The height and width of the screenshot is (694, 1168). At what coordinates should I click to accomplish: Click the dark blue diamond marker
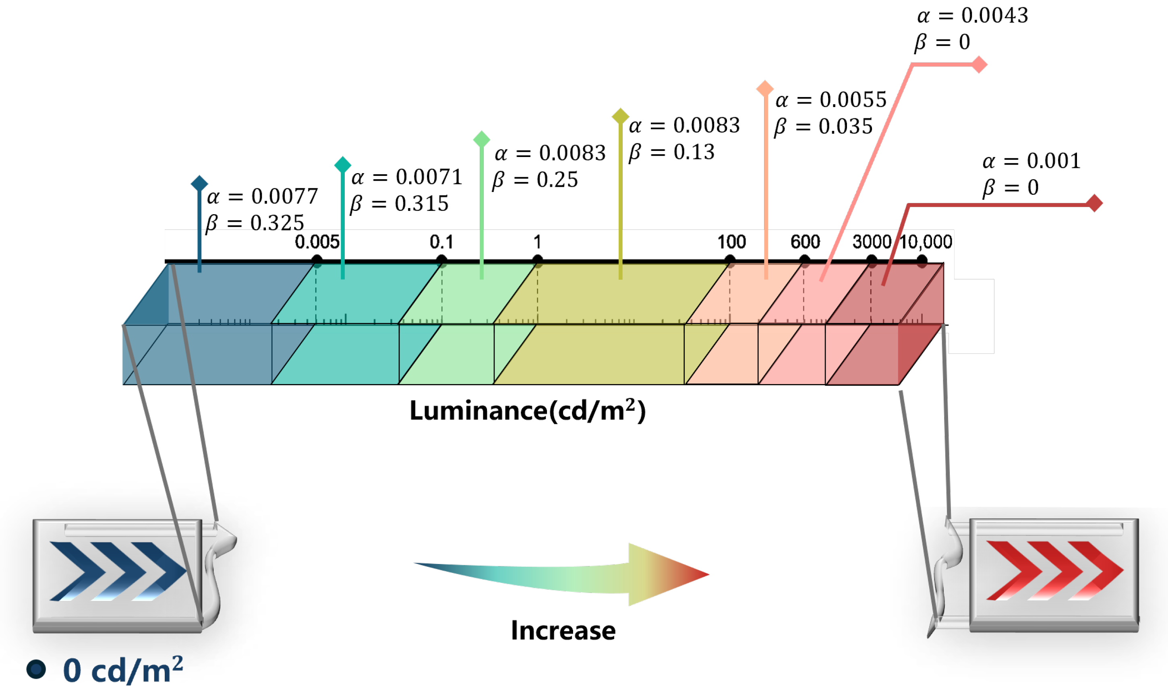click(x=199, y=183)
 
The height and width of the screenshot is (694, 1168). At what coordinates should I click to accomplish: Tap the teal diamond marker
click(x=343, y=164)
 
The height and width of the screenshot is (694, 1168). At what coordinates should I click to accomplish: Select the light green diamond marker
click(x=481, y=139)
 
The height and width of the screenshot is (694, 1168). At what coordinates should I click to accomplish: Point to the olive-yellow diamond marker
click(x=620, y=116)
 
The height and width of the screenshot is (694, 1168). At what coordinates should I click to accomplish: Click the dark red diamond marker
click(x=1095, y=203)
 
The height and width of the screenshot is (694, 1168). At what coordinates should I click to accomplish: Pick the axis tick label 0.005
click(x=317, y=242)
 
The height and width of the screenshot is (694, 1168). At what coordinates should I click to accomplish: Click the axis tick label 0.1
click(x=441, y=242)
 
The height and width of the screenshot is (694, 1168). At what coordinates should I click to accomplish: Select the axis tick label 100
click(x=731, y=242)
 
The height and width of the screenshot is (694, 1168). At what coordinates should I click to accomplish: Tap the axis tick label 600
click(x=805, y=242)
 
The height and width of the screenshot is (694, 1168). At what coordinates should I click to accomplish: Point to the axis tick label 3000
click(x=872, y=242)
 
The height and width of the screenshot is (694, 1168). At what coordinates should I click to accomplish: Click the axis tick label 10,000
click(x=926, y=242)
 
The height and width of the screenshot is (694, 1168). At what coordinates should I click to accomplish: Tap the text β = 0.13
click(x=672, y=153)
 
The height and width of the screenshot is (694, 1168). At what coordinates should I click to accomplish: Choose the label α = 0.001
click(x=1031, y=161)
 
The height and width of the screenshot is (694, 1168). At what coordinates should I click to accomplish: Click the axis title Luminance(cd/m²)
click(x=527, y=410)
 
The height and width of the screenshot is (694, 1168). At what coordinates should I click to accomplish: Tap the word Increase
click(x=563, y=630)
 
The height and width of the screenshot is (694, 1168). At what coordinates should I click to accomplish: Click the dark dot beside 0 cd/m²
click(x=36, y=669)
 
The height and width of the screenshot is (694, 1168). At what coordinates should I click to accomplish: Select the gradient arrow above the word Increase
click(x=561, y=575)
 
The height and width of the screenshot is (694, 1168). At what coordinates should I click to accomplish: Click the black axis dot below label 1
click(x=537, y=260)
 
